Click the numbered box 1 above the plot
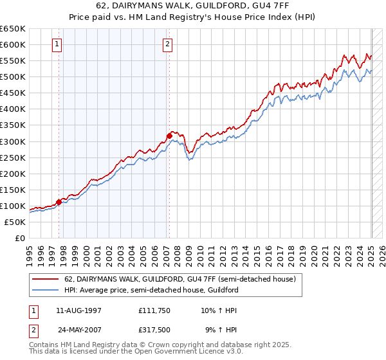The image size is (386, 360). coord(58,44)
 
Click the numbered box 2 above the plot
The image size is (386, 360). coord(167,44)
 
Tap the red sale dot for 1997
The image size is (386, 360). coord(59,202)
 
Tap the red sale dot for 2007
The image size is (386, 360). coord(169,136)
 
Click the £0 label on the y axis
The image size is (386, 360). coord(19,239)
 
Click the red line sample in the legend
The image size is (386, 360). coord(45,280)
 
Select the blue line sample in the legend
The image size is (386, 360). coord(45,290)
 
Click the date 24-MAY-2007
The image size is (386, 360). coord(78,331)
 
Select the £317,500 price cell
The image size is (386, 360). coord(155,331)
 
